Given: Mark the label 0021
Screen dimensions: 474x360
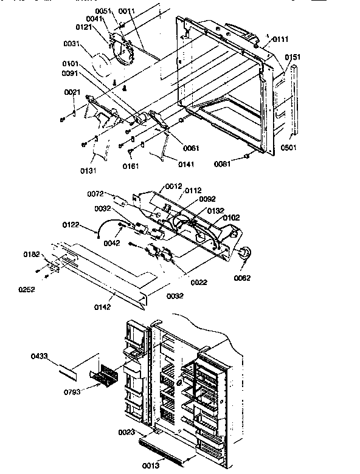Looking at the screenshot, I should point(72,92).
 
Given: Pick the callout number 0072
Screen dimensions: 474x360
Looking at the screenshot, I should point(96,193).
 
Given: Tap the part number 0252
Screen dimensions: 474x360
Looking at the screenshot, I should point(27,289).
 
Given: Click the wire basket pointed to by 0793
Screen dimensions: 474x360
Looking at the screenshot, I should point(105,373).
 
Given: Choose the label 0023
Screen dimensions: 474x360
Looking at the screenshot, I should point(126,432).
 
